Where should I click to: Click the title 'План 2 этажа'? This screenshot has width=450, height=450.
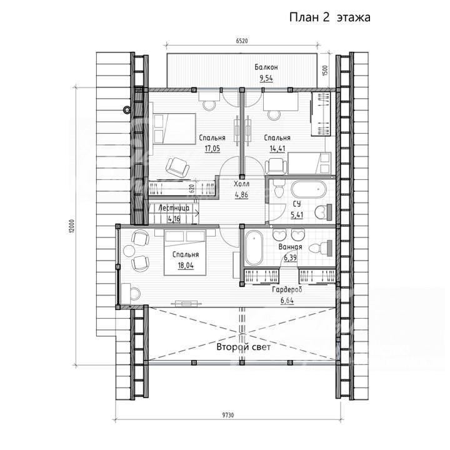tap(329, 17)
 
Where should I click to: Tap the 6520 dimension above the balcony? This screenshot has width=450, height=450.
tap(242, 41)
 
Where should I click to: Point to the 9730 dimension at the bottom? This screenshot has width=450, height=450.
tap(228, 415)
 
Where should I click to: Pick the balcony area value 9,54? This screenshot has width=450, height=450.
tap(266, 78)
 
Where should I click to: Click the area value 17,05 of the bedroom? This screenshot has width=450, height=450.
tap(212, 149)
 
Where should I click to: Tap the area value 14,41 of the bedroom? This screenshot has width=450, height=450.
tap(277, 149)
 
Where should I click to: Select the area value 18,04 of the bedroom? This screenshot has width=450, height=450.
tap(186, 266)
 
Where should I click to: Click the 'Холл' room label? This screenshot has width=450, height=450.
tap(242, 184)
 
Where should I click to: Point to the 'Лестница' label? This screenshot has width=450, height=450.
tap(174, 207)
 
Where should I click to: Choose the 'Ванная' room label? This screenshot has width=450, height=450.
tap(290, 247)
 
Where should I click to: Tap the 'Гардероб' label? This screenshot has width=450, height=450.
tap(287, 289)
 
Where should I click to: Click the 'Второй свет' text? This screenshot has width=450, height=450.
tap(243, 347)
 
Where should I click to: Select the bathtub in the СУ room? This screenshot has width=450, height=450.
tap(309, 189)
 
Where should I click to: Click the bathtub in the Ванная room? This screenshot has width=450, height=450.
tap(254, 248)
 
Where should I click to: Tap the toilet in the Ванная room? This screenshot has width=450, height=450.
tap(321, 248)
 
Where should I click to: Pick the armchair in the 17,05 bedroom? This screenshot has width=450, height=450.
tap(177, 167)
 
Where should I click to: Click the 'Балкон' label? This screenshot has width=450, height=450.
tap(266, 67)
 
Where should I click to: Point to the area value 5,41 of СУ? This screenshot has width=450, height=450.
tap(297, 214)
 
